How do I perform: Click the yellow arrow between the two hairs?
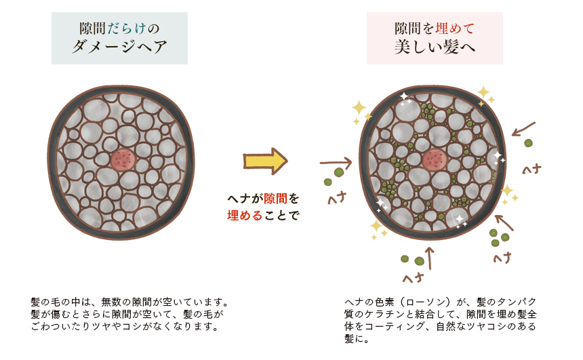tap(264, 162)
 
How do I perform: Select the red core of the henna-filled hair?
tap(434, 160)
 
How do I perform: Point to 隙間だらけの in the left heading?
tap(119, 28)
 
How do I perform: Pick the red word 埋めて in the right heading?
tap(455, 28)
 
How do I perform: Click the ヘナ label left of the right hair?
tap(338, 199)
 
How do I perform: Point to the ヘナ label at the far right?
tap(531, 167)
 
